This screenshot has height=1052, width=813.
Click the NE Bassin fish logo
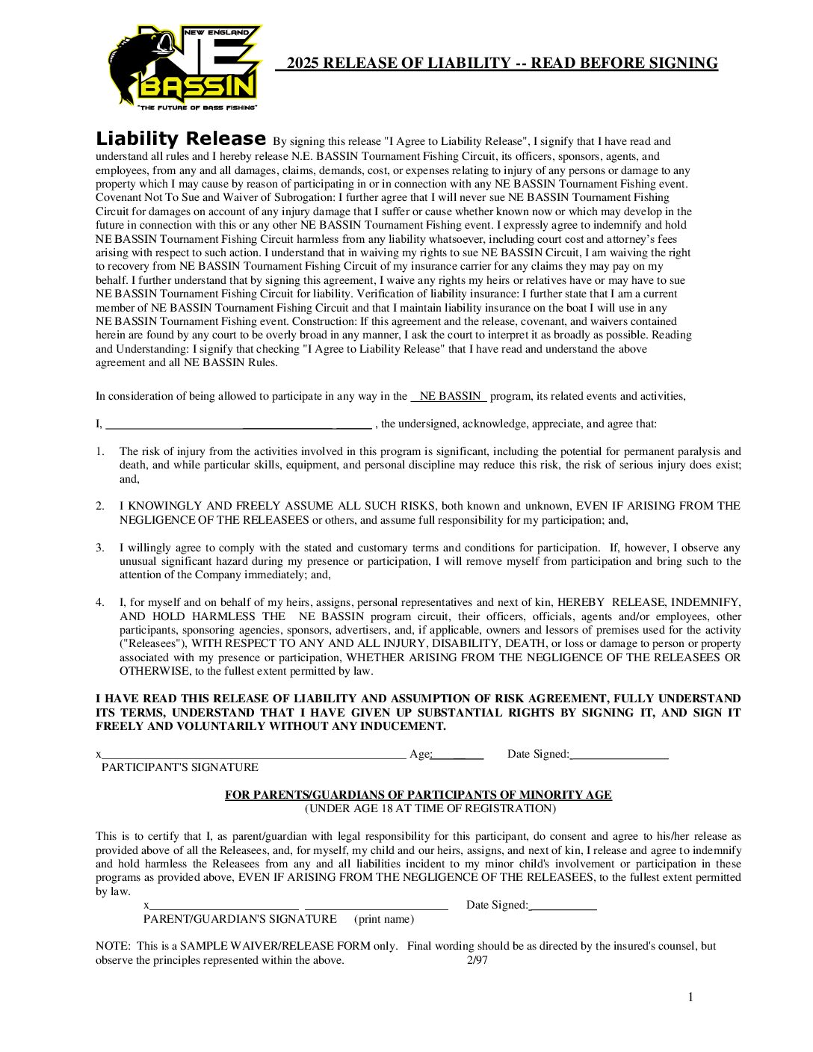click(x=185, y=68)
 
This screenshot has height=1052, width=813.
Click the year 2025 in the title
click(x=303, y=64)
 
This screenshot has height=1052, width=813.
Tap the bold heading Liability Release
click(x=181, y=139)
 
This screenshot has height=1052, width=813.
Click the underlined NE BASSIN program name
click(x=450, y=396)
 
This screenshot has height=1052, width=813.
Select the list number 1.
click(x=100, y=451)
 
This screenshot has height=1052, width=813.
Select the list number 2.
click(x=100, y=506)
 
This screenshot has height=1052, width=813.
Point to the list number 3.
click(x=100, y=548)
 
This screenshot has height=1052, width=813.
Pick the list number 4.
click(x=100, y=602)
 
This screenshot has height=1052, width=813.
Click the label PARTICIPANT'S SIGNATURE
click(x=180, y=767)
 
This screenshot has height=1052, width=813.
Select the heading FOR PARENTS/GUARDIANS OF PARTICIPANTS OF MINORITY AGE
click(x=418, y=795)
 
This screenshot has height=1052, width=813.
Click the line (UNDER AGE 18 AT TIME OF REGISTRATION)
click(x=430, y=808)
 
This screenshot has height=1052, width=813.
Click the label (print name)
click(x=384, y=919)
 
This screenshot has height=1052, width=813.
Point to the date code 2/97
click(x=477, y=960)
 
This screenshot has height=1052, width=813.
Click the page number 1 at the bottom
click(x=690, y=997)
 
